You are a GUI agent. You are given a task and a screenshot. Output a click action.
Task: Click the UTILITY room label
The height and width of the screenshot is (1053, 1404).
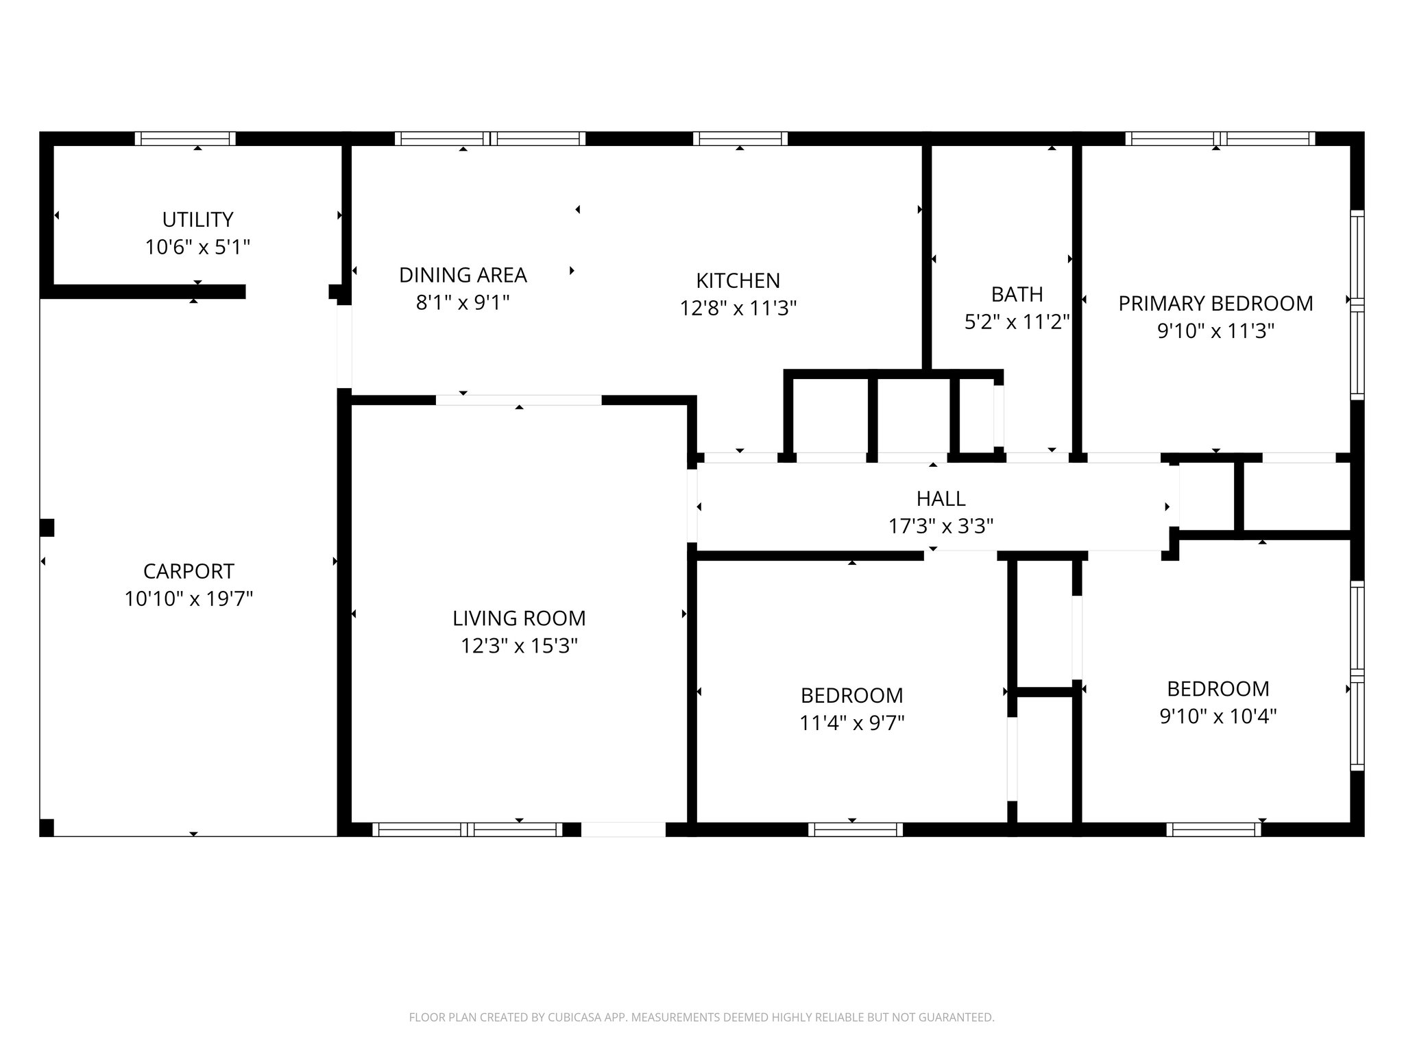click(197, 219)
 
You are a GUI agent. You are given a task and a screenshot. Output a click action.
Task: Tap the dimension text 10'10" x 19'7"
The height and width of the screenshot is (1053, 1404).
click(189, 599)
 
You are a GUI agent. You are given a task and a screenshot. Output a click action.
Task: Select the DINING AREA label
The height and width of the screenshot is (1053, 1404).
click(463, 275)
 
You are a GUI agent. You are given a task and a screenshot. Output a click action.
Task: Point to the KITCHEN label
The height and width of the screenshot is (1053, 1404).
click(738, 280)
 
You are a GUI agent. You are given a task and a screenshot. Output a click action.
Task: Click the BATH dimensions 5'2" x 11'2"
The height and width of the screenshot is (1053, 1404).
click(1017, 322)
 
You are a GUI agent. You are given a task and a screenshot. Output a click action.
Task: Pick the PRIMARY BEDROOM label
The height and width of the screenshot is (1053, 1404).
click(1215, 303)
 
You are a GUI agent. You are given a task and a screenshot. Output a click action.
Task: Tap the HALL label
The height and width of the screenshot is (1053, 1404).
click(941, 498)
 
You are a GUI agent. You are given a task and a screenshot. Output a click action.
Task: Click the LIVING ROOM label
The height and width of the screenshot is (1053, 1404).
click(519, 618)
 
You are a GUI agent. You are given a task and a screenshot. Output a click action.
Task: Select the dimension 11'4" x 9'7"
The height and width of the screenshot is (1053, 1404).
click(851, 723)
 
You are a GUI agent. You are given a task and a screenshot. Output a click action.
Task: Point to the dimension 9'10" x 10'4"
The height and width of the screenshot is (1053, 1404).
click(1218, 716)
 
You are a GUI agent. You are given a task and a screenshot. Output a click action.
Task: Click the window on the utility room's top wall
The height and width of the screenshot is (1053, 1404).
click(185, 138)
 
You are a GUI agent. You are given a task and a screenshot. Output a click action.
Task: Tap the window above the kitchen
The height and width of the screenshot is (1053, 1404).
click(740, 138)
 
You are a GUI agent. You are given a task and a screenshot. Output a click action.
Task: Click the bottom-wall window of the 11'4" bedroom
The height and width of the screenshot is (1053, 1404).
click(855, 830)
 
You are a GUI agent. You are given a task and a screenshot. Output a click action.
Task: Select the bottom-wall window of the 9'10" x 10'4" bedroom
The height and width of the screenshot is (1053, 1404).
click(1213, 830)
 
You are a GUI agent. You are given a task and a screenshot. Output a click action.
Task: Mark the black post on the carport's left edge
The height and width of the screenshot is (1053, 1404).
click(47, 528)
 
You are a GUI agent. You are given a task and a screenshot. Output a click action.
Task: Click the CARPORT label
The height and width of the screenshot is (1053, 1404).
click(189, 571)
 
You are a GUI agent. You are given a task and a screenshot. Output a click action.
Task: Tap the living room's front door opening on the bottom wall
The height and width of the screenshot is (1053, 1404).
click(623, 830)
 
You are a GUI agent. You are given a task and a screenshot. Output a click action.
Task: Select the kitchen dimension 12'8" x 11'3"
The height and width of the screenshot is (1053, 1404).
click(738, 308)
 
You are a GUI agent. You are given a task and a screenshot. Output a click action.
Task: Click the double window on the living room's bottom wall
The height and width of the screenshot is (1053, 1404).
click(468, 830)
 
